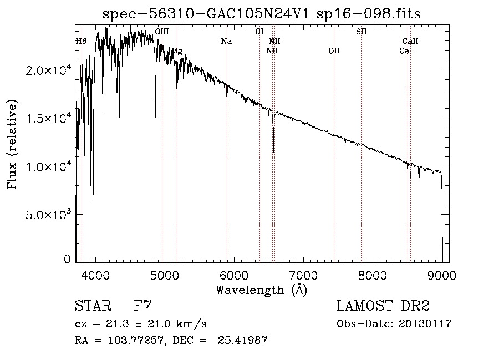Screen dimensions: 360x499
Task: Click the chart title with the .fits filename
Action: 261,14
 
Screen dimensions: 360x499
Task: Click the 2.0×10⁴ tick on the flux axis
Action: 49,71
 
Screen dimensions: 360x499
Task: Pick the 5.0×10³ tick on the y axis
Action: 49,215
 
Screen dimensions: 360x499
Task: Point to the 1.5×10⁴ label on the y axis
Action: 49,119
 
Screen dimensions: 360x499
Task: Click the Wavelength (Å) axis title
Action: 261,290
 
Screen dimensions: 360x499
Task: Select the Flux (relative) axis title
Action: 12,144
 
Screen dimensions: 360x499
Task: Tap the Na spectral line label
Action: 226,42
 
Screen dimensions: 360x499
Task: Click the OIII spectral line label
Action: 162,32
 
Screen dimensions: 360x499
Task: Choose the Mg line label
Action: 176,51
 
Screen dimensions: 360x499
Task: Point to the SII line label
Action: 361,32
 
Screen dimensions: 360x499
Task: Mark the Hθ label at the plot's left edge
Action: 81,42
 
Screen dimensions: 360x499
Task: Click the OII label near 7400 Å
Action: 334,51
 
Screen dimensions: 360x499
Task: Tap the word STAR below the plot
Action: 92,306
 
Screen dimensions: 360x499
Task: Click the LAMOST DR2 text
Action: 383,306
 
